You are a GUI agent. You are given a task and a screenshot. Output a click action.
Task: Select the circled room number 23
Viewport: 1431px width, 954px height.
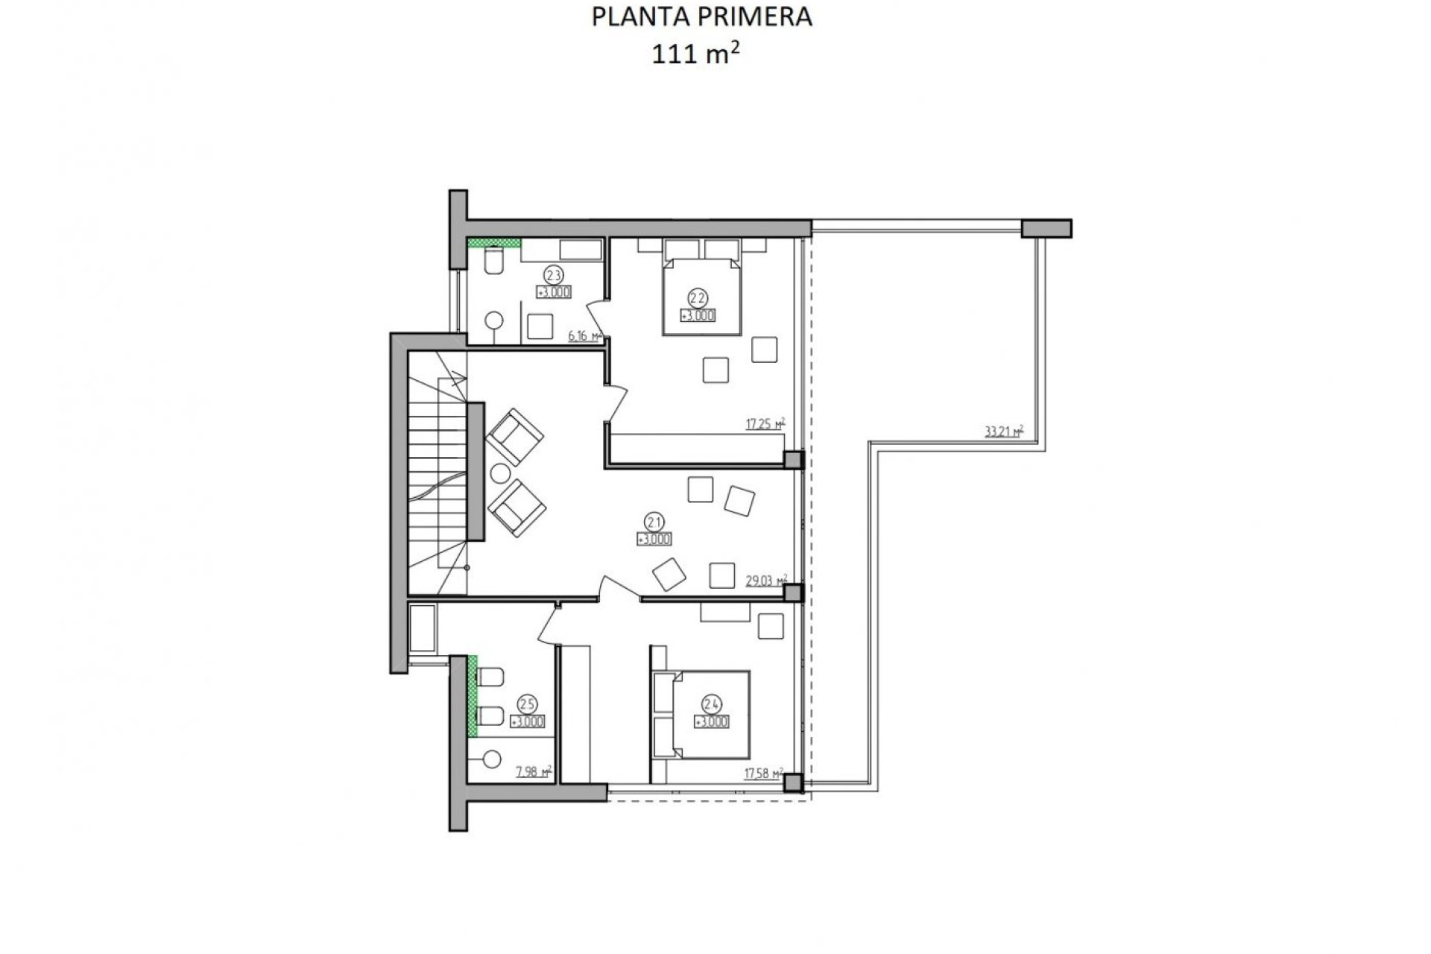(x=553, y=274)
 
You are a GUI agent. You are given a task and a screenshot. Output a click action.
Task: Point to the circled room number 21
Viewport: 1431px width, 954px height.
(x=655, y=522)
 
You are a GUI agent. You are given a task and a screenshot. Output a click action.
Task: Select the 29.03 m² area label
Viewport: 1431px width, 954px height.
(x=766, y=580)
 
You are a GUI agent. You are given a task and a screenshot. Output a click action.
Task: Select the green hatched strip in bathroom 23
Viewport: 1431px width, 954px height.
(x=493, y=242)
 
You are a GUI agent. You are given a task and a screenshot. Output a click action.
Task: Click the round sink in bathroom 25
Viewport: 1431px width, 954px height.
(x=492, y=759)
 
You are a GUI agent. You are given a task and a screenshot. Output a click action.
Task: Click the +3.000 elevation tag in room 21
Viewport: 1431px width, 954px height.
(x=655, y=540)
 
